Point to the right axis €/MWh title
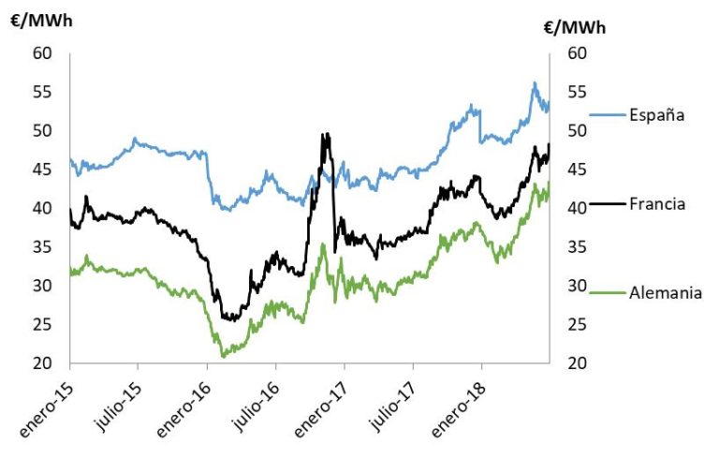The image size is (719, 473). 575,28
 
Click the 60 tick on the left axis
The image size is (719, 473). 42,52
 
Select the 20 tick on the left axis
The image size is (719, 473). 42,363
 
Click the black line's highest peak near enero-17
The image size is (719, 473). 324,134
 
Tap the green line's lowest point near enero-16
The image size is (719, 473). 223,356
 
